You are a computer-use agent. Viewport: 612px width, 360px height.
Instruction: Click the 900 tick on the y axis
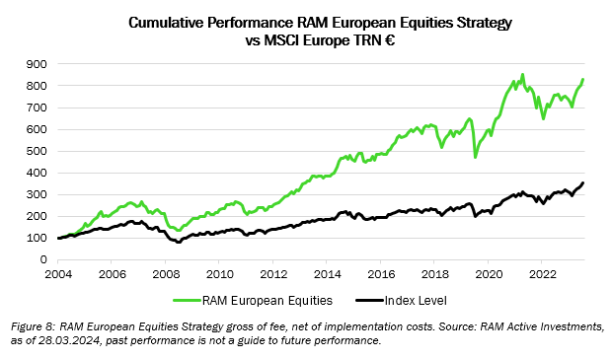(x=38, y=64)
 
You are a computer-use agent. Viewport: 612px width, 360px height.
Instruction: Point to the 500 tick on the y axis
(x=38, y=151)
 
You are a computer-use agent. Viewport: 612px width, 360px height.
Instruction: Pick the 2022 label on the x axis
(x=540, y=274)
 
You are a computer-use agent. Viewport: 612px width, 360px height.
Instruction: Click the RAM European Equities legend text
(x=266, y=297)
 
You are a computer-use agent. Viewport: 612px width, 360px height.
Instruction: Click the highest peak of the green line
(x=522, y=74)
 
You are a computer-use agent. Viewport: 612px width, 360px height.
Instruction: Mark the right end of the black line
(x=583, y=182)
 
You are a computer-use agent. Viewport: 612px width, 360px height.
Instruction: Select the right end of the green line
(x=583, y=80)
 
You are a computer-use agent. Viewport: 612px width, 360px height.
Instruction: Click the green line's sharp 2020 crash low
(x=476, y=157)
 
